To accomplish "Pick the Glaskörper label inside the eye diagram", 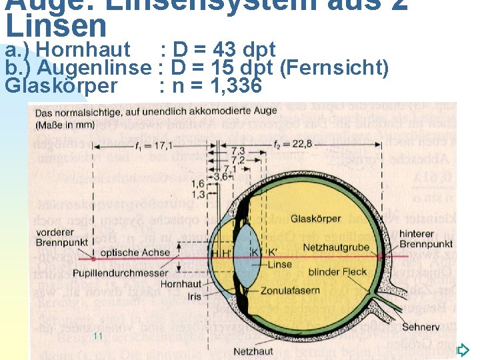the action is [315, 219].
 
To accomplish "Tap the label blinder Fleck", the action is [337, 272].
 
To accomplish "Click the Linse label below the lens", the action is [279, 265].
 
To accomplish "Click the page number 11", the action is [97, 336].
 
